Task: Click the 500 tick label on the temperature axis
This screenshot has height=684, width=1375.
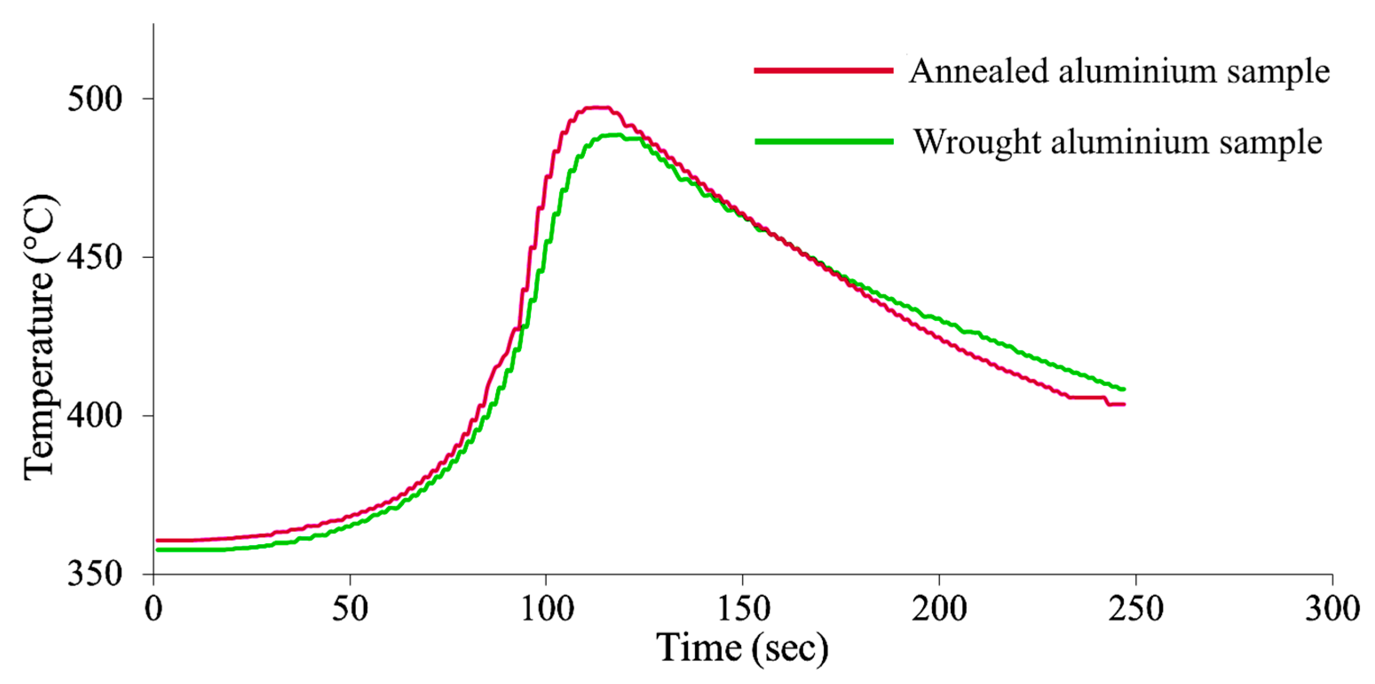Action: tap(95, 100)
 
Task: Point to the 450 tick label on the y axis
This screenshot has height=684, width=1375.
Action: tap(95, 258)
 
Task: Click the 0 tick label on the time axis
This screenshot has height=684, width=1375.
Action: tap(154, 609)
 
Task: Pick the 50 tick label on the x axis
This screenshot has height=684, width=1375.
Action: tap(350, 609)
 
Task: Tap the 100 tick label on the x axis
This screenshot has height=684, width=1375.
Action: tap(547, 609)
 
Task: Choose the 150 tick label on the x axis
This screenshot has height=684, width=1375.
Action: tap(743, 609)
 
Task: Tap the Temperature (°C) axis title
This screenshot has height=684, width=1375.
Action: tap(40, 337)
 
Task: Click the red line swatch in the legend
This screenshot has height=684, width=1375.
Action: tap(824, 71)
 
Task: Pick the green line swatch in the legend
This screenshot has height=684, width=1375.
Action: tap(824, 142)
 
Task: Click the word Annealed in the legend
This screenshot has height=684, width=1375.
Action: tap(978, 71)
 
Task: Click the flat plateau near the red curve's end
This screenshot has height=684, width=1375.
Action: tap(1086, 397)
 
